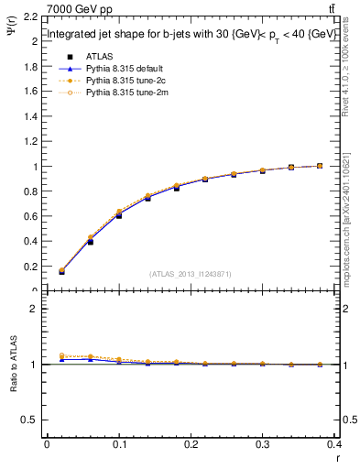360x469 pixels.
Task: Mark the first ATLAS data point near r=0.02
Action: point(61,272)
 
